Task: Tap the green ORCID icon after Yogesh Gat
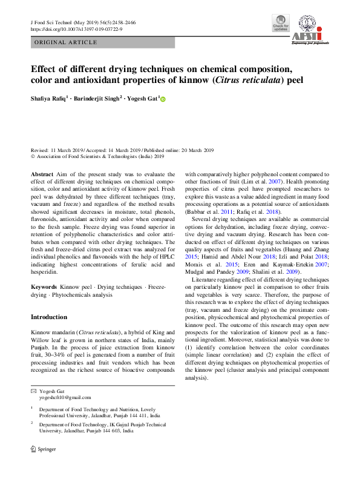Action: [x=163, y=99]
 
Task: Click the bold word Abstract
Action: [x=41, y=174]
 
